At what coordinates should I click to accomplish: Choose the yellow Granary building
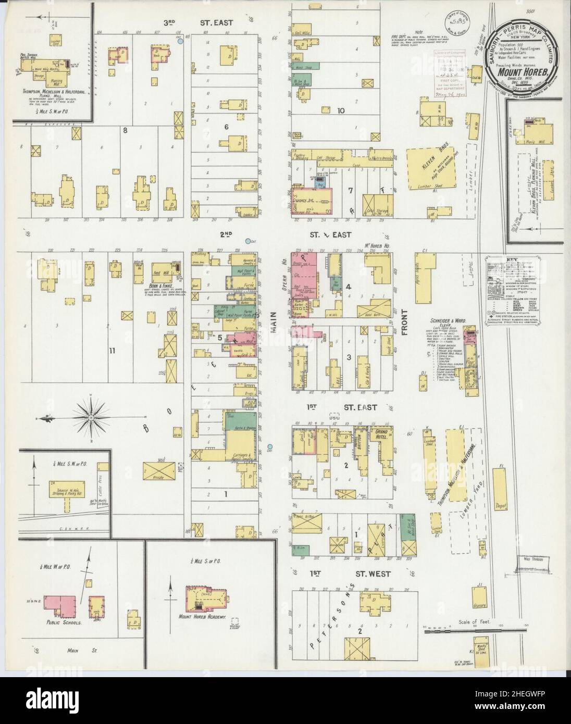click(x=479, y=597)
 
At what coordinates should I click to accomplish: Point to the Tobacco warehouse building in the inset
click(x=66, y=490)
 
